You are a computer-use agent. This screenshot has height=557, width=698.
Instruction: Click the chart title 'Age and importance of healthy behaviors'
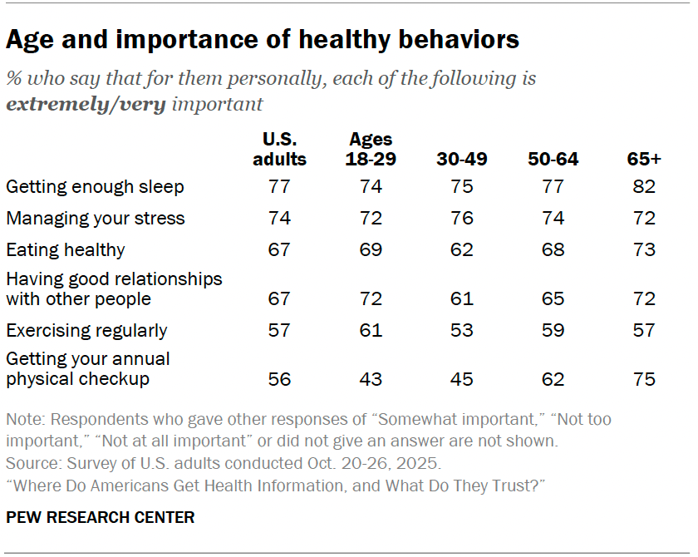(263, 39)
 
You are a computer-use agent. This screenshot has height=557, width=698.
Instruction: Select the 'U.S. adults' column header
(279, 149)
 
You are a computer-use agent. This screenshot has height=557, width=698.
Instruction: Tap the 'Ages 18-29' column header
(371, 149)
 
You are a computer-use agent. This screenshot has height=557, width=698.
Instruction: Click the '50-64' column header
(553, 159)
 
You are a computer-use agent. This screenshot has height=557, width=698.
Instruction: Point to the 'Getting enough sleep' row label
(95, 187)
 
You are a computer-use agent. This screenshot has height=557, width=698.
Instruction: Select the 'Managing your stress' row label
(95, 219)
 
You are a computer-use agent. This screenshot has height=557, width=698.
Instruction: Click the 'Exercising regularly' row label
(86, 330)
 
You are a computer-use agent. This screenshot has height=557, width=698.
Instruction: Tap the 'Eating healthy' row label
(65, 250)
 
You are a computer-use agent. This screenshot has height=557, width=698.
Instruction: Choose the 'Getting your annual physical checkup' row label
(88, 369)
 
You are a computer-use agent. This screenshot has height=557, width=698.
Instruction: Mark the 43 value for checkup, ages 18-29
(371, 379)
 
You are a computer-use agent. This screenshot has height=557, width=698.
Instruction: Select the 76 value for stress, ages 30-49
(461, 219)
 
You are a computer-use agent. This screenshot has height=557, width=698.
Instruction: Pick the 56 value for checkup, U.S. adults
(279, 379)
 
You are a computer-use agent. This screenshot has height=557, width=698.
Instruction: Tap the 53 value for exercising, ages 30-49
(461, 330)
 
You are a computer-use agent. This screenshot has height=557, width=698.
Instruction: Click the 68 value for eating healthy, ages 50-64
(553, 250)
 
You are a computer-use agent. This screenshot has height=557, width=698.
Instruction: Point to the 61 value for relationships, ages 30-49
(461, 298)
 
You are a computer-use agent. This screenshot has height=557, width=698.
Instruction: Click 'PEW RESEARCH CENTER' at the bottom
(100, 517)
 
